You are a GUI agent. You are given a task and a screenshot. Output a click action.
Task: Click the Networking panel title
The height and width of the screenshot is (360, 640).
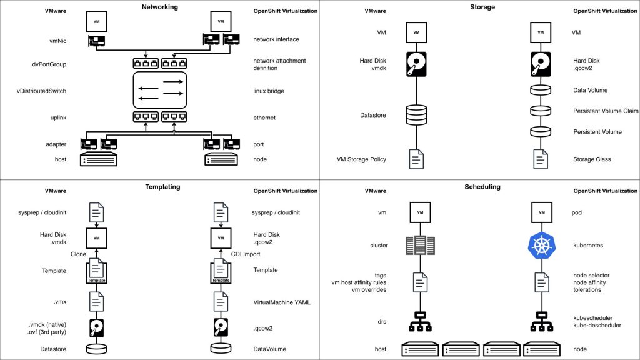159,7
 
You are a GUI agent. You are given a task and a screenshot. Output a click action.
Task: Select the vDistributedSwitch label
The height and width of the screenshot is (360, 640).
41,91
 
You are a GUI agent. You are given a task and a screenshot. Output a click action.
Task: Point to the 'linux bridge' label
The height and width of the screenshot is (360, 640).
269,91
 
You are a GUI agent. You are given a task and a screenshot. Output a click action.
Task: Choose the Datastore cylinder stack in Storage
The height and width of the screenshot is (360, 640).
416,115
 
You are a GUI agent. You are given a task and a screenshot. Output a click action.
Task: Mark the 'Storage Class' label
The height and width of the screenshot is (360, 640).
591,159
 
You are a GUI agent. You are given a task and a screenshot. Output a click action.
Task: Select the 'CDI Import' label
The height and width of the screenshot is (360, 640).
246,255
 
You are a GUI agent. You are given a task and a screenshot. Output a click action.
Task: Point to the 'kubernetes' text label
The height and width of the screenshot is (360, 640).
587,246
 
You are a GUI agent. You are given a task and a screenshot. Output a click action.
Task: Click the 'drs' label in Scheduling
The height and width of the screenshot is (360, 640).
382,322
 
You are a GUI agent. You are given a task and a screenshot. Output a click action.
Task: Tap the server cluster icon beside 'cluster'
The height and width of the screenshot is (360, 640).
416,245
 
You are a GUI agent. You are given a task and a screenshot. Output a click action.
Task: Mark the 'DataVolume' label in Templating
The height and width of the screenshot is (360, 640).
271,349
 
